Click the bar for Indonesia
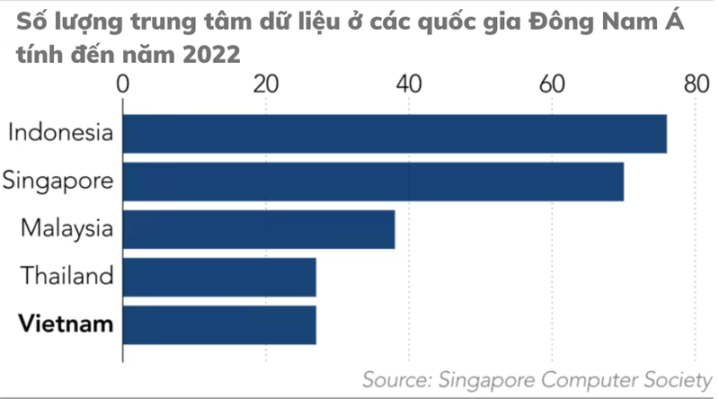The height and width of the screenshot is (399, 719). pyautogui.click(x=395, y=134)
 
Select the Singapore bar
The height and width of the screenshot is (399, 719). pyautogui.click(x=373, y=182)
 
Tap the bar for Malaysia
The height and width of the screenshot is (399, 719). pyautogui.click(x=259, y=229)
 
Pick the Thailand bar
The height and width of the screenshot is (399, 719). pyautogui.click(x=219, y=277)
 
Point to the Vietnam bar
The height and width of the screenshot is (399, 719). pyautogui.click(x=219, y=324)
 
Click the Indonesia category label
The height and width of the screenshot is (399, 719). pyautogui.click(x=60, y=134)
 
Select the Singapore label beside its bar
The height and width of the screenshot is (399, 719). pyautogui.click(x=58, y=181)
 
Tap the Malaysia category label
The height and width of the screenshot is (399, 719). pyautogui.click(x=67, y=228)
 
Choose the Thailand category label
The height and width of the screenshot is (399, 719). pyautogui.click(x=67, y=276)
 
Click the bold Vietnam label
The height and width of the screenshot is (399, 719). pyautogui.click(x=67, y=324)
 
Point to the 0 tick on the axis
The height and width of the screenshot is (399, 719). pyautogui.click(x=123, y=85)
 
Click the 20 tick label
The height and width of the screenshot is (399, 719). pyautogui.click(x=265, y=85)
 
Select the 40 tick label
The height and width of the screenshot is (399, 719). pyautogui.click(x=409, y=85)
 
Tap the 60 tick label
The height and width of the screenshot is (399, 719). pyautogui.click(x=552, y=85)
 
